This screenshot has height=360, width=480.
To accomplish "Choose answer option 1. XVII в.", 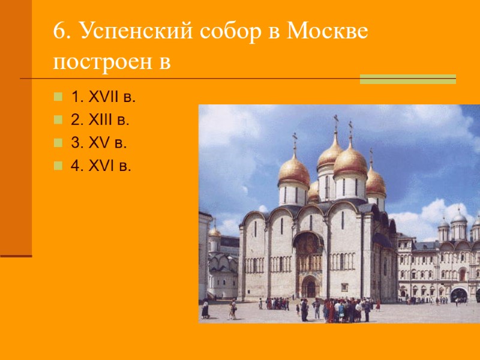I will [103, 96].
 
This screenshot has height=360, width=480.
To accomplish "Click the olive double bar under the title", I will [407, 79].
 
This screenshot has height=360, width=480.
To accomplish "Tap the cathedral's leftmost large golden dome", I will [294, 170].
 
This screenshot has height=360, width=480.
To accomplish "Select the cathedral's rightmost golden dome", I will [376, 181].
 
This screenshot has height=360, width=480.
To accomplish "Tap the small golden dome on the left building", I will [214, 231].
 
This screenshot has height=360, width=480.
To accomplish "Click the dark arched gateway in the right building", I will [458, 295].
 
